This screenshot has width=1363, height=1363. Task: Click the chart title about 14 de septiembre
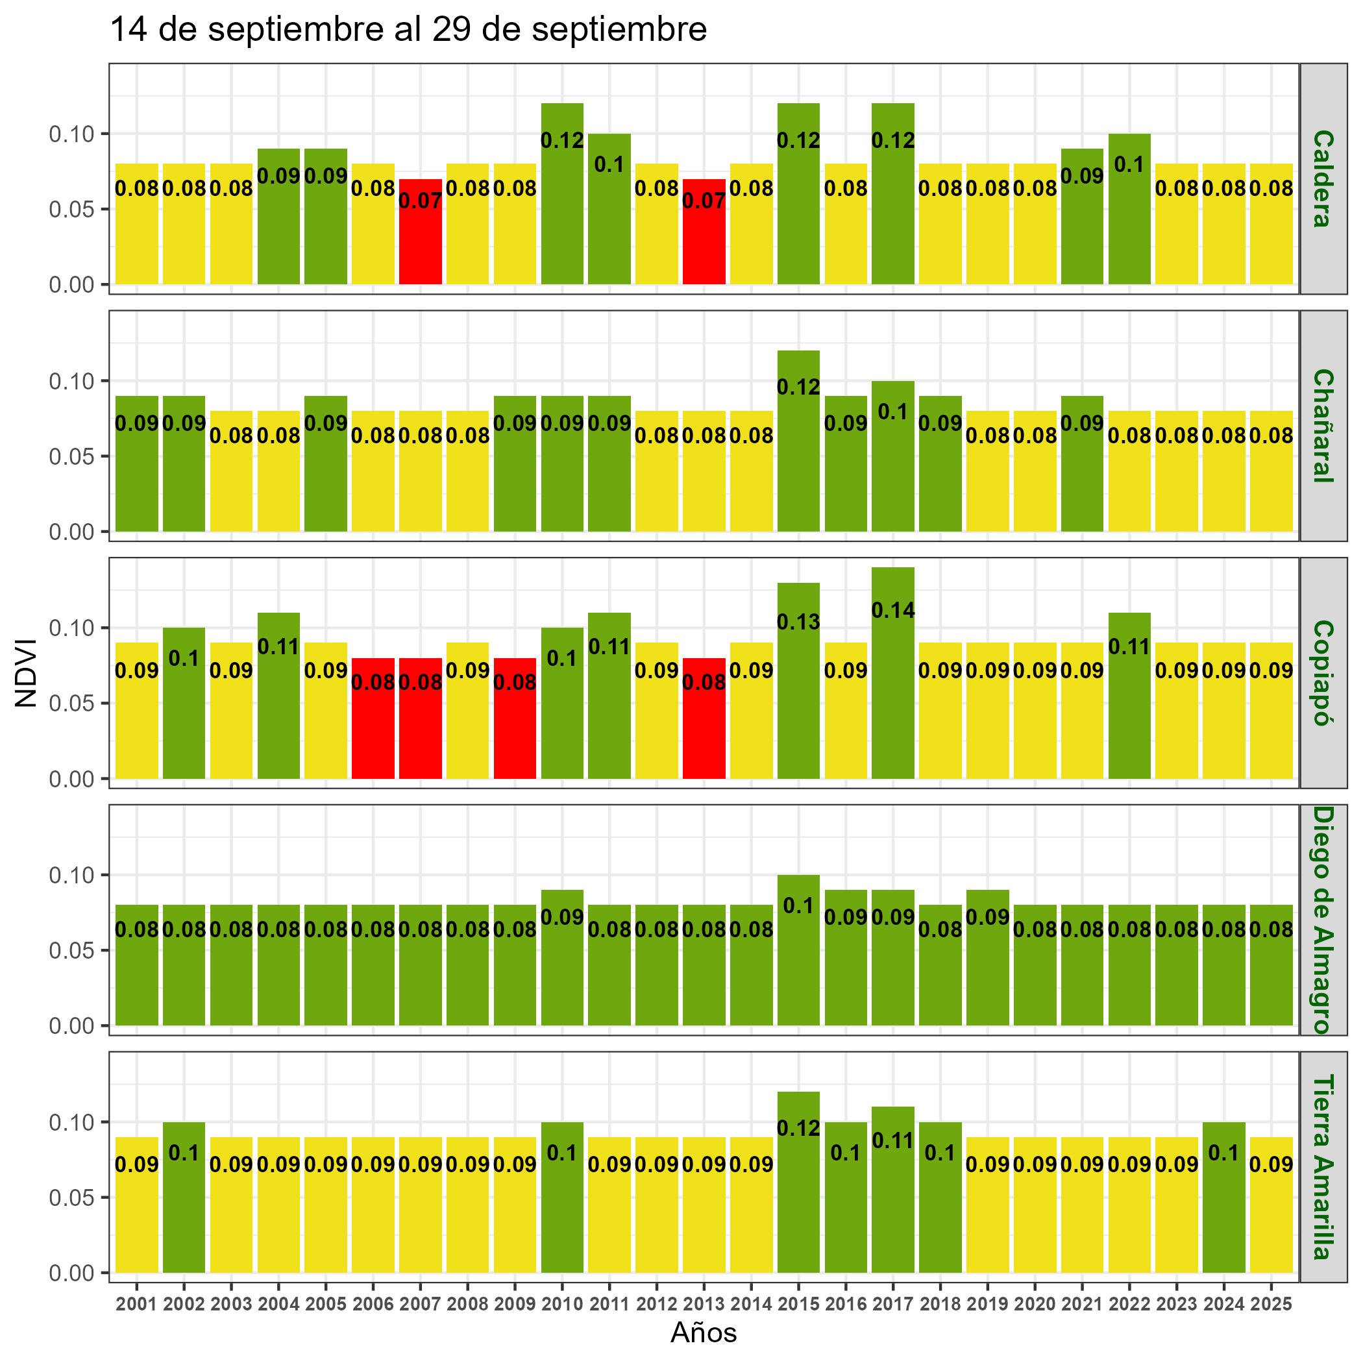tap(408, 31)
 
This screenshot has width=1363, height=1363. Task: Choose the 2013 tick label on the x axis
tap(704, 1305)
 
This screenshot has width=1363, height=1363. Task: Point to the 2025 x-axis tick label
tap(1271, 1305)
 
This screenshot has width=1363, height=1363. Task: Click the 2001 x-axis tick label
tap(137, 1305)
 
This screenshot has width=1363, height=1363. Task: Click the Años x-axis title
tap(704, 1332)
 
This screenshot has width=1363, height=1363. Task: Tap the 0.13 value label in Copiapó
tap(798, 622)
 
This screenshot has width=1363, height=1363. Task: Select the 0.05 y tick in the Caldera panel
tap(71, 210)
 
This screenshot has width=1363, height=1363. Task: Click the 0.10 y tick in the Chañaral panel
tap(71, 381)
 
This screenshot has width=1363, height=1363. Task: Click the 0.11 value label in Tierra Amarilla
tap(892, 1141)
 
